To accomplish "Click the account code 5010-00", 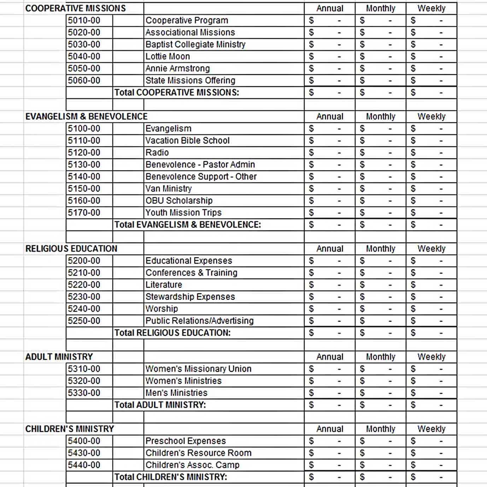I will pyautogui.click(x=84, y=20).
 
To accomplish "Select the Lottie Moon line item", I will pyautogui.click(x=168, y=57).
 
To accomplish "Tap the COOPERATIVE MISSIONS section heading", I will pyautogui.click(x=75, y=8).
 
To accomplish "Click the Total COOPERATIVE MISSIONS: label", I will pyautogui.click(x=176, y=93).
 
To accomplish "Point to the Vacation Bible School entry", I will pyautogui.click(x=187, y=141).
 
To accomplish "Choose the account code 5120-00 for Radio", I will pyautogui.click(x=84, y=153).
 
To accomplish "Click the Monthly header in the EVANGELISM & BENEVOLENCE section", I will pyautogui.click(x=380, y=117).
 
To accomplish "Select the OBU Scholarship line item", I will pyautogui.click(x=179, y=201).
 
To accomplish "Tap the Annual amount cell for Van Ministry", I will pyautogui.click(x=329, y=189).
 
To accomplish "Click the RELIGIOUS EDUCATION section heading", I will pyautogui.click(x=71, y=249).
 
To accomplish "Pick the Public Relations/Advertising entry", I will pyautogui.click(x=199, y=321).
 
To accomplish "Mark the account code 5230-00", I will pyautogui.click(x=84, y=297).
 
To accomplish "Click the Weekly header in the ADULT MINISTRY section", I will pyautogui.click(x=431, y=357).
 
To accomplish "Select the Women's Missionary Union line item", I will pyautogui.click(x=198, y=369).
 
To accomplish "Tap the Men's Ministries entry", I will pyautogui.click(x=176, y=393).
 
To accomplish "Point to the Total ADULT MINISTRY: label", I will pyautogui.click(x=160, y=405).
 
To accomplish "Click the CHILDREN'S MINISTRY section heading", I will pyautogui.click(x=70, y=429).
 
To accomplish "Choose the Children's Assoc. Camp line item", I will pyautogui.click(x=192, y=465).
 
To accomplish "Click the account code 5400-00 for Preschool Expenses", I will pyautogui.click(x=84, y=441).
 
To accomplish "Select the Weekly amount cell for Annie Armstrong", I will pyautogui.click(x=431, y=69).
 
